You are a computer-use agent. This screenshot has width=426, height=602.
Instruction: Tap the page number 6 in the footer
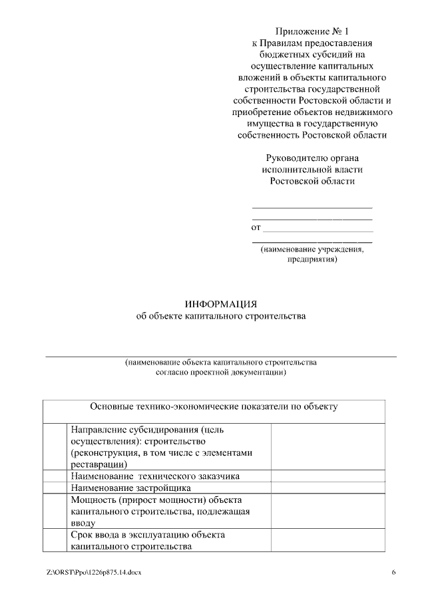pos(393,572)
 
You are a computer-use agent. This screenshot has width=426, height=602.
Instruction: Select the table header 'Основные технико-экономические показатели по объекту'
pos(214,406)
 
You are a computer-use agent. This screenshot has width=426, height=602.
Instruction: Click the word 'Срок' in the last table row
pos(82,535)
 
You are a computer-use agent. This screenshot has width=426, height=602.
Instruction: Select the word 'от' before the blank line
pos(256,227)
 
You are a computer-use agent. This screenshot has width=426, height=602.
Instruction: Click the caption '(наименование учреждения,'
pos(312,250)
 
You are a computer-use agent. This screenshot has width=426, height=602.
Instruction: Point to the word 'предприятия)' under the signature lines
pos(312,260)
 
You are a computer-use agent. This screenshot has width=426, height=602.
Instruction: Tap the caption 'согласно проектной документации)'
pos(220,373)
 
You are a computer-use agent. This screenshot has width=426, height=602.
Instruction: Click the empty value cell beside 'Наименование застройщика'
pos(327,488)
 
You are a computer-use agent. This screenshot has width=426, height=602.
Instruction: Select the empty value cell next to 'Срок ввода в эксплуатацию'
pos(327,540)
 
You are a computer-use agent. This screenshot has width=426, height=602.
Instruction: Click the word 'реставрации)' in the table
pos(97,464)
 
